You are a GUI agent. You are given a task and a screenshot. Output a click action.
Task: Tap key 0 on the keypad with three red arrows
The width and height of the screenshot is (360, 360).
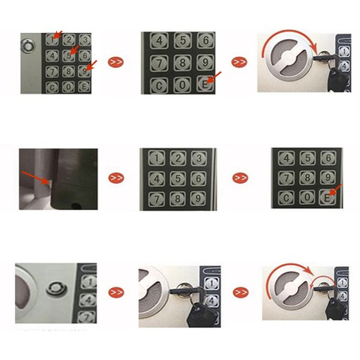click(68, 86)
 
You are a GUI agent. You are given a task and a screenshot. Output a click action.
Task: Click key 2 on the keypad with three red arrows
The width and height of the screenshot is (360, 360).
click(68, 40)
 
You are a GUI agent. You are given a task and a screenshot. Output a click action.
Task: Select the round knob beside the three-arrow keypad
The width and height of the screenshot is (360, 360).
click(29, 45)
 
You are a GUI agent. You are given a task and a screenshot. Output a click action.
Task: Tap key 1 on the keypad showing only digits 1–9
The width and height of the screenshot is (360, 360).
click(157, 157)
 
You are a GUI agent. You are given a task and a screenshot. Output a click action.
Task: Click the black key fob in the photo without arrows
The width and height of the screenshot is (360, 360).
click(196, 313)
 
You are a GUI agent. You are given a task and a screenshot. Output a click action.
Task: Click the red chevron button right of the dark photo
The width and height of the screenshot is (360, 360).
click(116, 178)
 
